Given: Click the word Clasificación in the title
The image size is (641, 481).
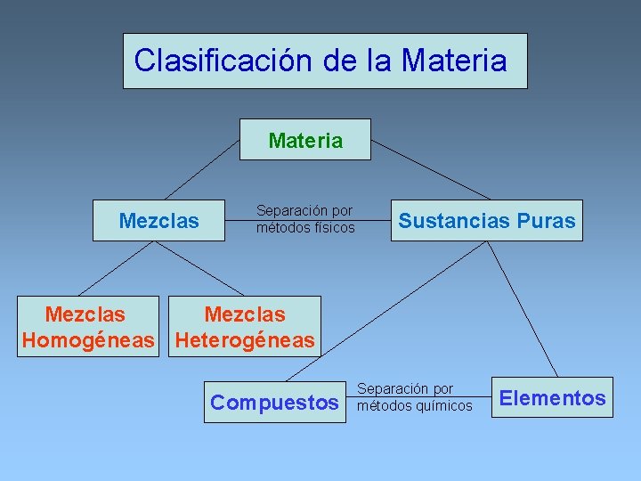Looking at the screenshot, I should coord(206,61).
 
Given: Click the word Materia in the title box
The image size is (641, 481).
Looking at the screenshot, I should coord(454,61).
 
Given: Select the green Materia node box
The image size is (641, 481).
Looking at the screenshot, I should coord(305,140).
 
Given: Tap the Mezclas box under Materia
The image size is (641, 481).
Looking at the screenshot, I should coord(159,221).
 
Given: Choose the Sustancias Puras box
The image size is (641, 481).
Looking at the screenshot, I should coord(486,221).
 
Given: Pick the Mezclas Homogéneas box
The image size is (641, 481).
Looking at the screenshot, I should coord(85,327).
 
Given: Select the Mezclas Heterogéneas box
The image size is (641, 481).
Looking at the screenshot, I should coord(245,327).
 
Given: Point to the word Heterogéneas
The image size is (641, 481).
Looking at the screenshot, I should coord(245,340).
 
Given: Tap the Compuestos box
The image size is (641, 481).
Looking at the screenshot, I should coord(274,403).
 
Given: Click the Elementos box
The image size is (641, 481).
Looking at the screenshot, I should coord(552,398).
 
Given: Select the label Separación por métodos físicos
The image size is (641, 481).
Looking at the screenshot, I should coord(305,219).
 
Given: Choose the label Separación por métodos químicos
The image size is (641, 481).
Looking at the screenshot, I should coord(414,397).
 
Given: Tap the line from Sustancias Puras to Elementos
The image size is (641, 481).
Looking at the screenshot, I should coord(523,308).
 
